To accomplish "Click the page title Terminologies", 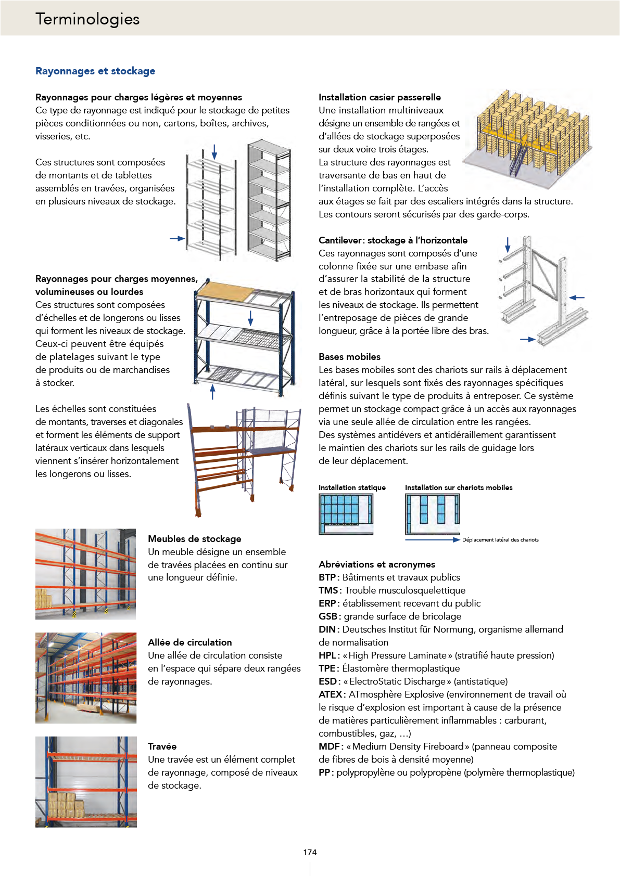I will click(87, 19).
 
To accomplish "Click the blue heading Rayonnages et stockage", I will click(95, 71).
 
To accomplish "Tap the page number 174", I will click(310, 852).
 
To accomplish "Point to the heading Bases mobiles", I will click(349, 357).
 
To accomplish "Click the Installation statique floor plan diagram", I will click(346, 514).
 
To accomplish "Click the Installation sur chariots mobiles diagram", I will click(433, 514).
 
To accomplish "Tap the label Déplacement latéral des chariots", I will click(500, 539).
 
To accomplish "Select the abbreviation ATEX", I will click(331, 694).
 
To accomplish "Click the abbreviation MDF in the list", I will click(330, 746).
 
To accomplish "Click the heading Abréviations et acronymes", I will click(376, 564).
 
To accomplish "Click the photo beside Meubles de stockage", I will click(85, 574).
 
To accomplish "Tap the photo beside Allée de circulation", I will click(86, 678).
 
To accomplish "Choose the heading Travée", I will click(162, 746).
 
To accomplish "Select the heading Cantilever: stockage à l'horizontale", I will click(393, 240).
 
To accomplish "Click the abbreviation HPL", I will click(328, 655).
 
